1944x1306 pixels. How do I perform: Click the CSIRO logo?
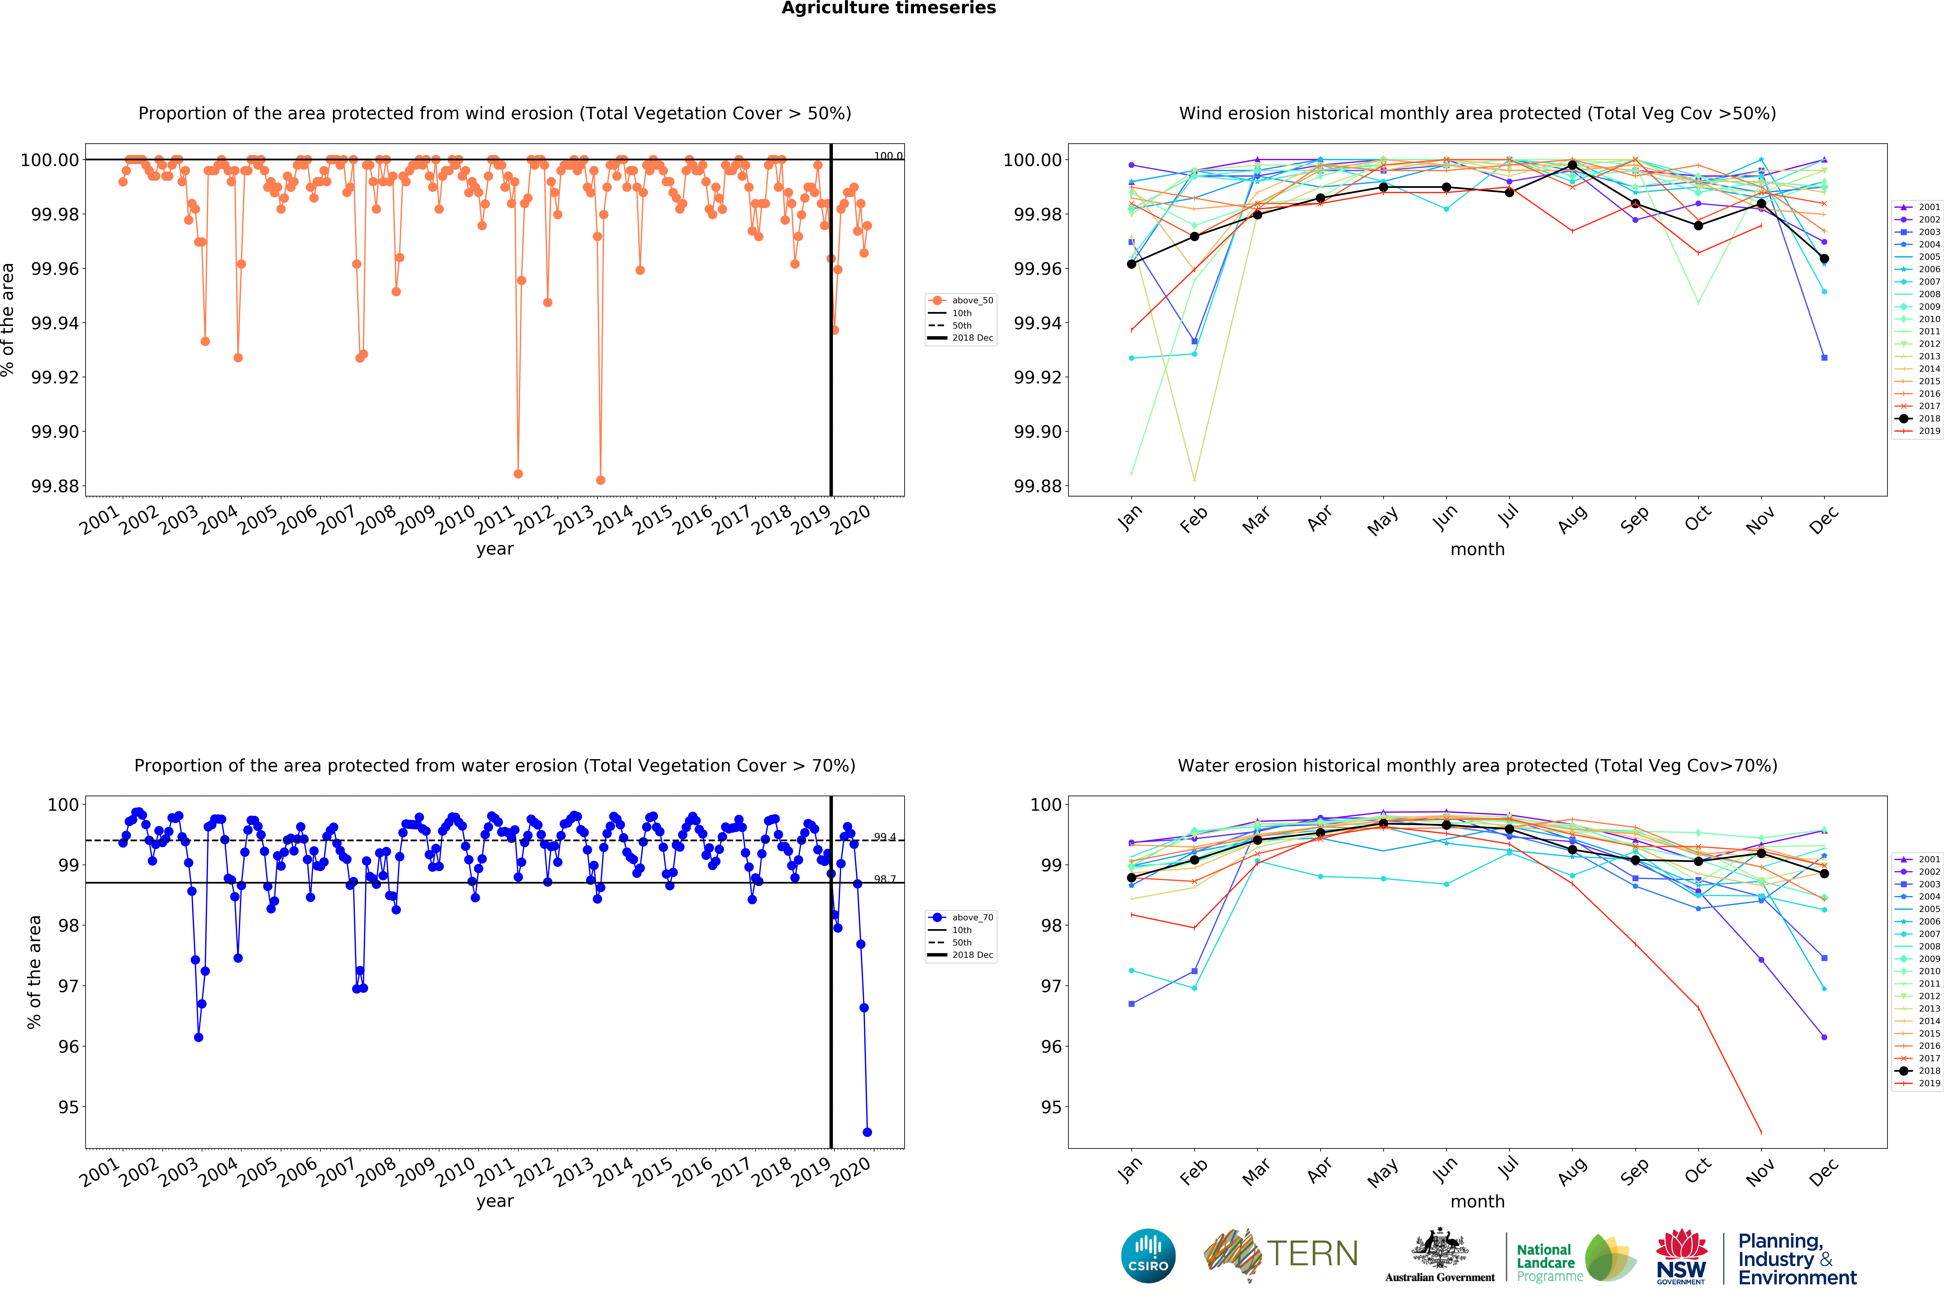(x=1148, y=1255)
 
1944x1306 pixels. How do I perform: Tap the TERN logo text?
(x=1312, y=1253)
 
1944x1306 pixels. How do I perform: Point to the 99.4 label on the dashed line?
(x=884, y=837)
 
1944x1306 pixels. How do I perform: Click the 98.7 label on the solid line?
(x=884, y=879)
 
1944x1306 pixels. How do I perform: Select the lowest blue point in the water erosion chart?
(x=867, y=1132)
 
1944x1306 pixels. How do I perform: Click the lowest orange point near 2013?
(x=601, y=481)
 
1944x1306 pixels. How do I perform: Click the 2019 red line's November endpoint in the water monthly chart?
(x=1761, y=1132)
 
